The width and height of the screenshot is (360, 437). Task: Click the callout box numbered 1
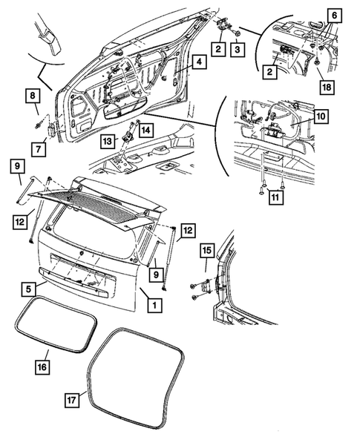pos(154,305)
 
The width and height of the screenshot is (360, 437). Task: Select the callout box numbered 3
pos(237,49)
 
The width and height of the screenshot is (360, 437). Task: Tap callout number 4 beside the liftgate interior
pos(199,62)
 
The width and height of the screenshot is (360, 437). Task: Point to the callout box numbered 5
pos(29,289)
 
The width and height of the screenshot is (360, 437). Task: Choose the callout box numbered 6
pos(334,16)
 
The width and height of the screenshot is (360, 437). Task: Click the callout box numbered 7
pos(39,149)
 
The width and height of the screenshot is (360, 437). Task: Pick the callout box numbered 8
pos(33,96)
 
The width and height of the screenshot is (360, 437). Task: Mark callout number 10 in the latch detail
pos(321,116)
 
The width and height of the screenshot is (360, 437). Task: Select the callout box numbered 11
pos(275,197)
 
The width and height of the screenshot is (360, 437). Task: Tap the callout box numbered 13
pos(108,141)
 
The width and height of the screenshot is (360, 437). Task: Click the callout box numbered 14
pos(146,130)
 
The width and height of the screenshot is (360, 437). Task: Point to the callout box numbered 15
pos(207,250)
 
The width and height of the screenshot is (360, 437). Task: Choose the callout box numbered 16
pos(42,367)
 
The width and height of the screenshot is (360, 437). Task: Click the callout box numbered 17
pos(72,400)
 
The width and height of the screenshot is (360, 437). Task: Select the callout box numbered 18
pos(327,87)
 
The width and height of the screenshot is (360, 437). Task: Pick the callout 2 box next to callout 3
pos(218,49)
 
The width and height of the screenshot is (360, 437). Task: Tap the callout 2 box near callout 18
pos(269,72)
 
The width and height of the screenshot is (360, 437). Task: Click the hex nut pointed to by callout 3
pos(238,33)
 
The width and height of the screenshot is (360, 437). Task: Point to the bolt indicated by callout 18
pos(318,62)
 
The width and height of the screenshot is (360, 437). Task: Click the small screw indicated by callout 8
pos(38,125)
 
